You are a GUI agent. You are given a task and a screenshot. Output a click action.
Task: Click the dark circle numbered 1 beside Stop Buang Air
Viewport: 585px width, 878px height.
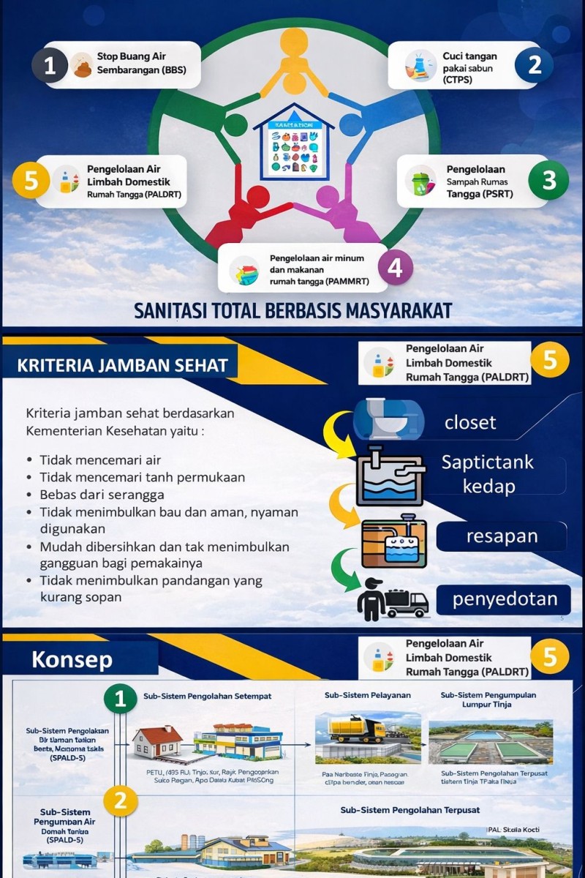point(50,66)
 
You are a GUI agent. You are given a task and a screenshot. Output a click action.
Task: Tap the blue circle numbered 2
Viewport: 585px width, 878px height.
point(535,65)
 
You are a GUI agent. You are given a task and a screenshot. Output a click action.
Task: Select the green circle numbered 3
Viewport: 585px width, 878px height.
point(549,181)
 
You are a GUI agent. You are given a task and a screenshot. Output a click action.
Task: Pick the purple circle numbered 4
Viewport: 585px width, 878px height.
point(395,269)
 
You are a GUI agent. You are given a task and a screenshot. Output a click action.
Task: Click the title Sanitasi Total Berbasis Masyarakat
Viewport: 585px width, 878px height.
point(292,310)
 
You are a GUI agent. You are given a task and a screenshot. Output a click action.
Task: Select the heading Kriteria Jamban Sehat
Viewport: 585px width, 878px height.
point(122,365)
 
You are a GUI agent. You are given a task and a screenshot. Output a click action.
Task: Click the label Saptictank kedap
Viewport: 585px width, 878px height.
point(488,474)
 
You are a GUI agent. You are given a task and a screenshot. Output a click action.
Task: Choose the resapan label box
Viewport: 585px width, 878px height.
point(502,536)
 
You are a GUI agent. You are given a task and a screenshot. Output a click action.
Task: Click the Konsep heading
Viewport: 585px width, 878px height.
point(72,659)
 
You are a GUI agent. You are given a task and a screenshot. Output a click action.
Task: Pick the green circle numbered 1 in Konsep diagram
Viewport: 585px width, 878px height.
point(121,700)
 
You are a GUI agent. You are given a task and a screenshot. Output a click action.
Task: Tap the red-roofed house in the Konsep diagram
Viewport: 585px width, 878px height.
point(157,740)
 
